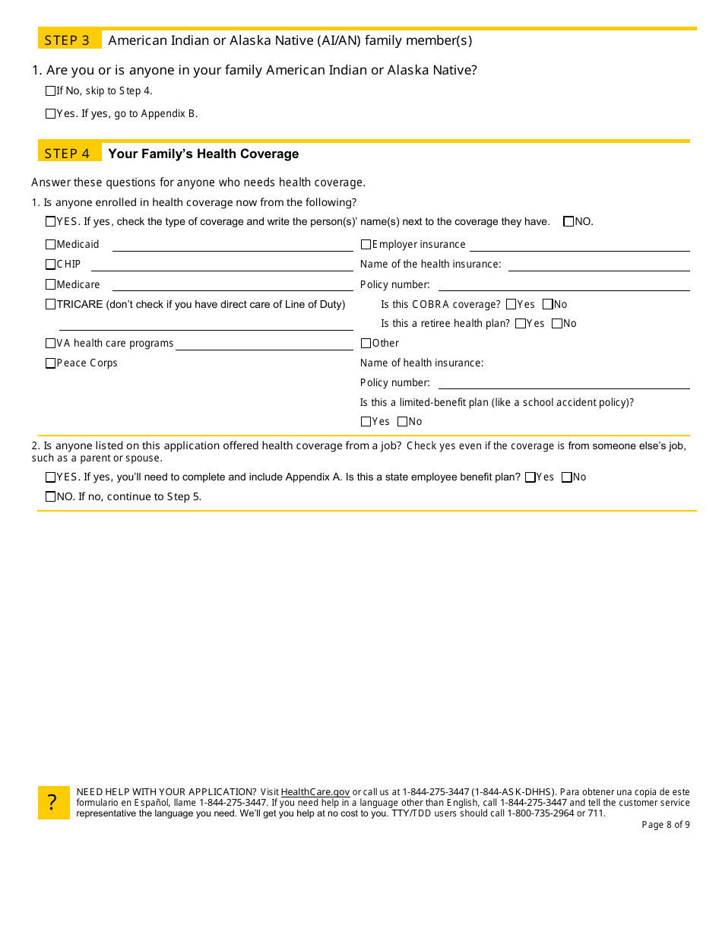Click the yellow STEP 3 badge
(69, 40)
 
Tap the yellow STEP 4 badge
(69, 154)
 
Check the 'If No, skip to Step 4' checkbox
(51, 91)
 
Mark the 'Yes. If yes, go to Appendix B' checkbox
(51, 114)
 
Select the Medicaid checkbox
(51, 245)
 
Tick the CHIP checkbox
(51, 265)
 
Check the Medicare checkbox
(51, 284)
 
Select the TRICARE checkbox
(51, 304)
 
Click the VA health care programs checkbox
(51, 344)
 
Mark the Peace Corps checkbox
(51, 363)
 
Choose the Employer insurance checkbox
(366, 245)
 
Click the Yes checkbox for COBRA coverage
(511, 304)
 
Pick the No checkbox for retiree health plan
(557, 324)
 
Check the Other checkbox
(366, 344)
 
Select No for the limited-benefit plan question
(403, 422)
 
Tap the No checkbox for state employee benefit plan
(566, 477)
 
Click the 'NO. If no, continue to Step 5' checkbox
(51, 497)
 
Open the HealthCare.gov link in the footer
(315, 792)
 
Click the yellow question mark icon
(53, 803)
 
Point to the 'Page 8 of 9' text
(666, 825)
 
